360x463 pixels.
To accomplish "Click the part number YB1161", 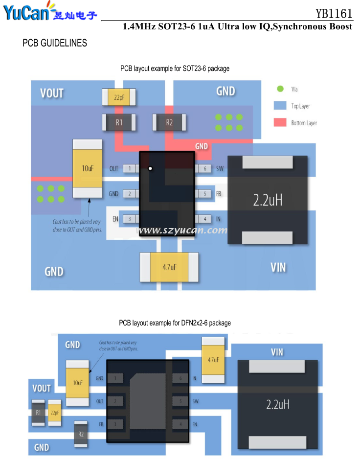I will tap(334, 13).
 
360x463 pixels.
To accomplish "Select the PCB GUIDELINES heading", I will tap(55, 43).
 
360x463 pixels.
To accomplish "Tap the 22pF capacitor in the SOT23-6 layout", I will tap(119, 97).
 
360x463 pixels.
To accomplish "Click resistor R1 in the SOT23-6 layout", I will tap(119, 122).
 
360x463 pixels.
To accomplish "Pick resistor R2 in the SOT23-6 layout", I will tap(169, 122).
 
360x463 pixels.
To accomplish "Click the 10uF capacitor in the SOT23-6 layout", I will tap(88, 168).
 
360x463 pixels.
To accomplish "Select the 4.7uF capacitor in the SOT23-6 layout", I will tap(169, 267).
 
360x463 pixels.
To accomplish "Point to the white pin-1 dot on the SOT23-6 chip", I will tap(151, 169).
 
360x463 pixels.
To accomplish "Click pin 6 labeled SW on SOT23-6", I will tap(204, 169).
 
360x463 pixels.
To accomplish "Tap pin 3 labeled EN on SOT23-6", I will tap(130, 219).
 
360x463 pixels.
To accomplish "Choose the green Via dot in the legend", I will tap(280, 89).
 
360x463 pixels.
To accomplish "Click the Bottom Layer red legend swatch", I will tap(280, 122).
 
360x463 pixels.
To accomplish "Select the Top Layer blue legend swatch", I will tap(280, 106).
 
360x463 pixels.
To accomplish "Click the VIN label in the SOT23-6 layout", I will tap(278, 267).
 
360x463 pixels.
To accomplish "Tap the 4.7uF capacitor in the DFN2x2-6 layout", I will tap(213, 360).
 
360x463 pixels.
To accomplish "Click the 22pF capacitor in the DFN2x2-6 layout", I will tap(54, 413).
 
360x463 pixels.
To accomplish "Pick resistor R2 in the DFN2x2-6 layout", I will tap(81, 434).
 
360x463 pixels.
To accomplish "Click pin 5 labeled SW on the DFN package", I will tap(180, 401).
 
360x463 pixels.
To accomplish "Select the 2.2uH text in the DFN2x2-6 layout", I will tap(278, 404).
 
